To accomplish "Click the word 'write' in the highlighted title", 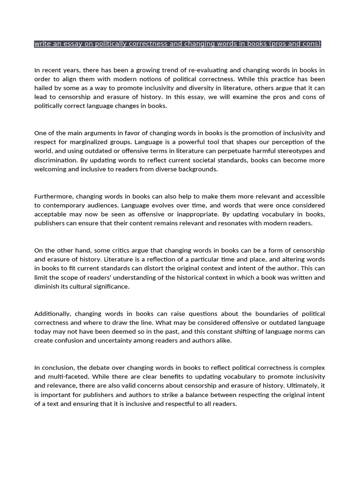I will point(42,44).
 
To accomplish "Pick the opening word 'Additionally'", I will point(53,314).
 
